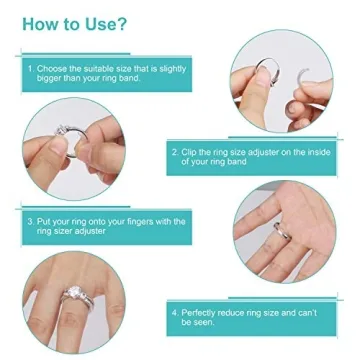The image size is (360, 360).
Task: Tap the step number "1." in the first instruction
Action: pos(30,68)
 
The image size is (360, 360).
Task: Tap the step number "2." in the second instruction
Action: pos(175,151)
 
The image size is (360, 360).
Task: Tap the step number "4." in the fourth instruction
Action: pos(175,313)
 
